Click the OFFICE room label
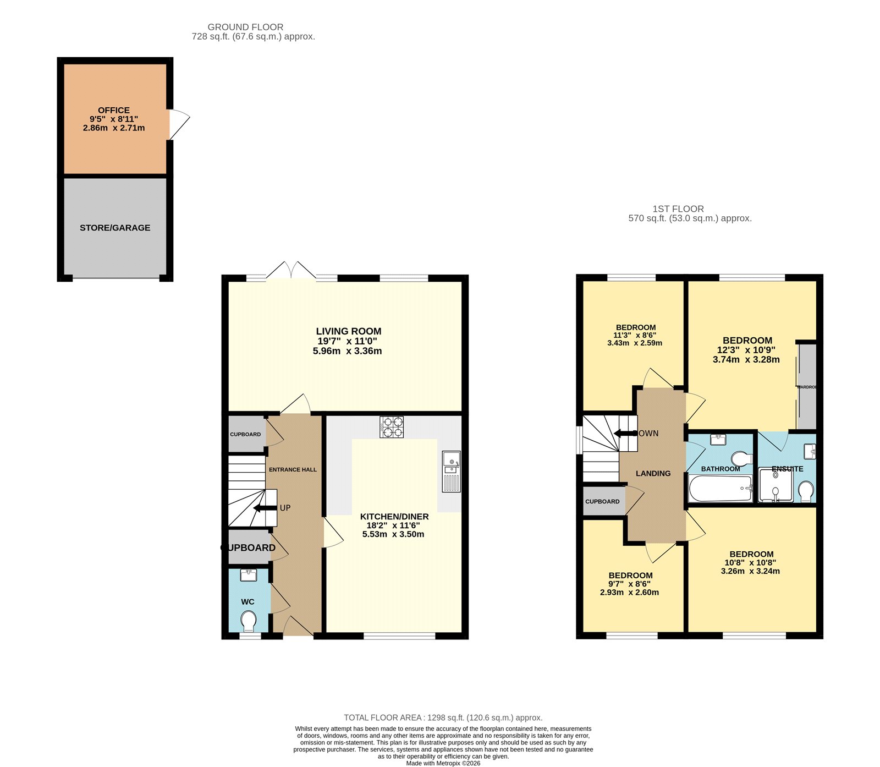tap(114, 110)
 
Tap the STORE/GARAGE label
tap(115, 228)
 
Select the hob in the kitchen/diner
tap(392, 427)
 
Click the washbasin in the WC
tap(249, 576)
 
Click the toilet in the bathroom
tap(742, 458)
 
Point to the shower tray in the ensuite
tap(776, 485)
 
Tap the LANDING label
tap(653, 473)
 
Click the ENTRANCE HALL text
tap(293, 470)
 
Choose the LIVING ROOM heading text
tap(348, 331)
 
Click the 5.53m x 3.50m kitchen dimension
tap(393, 534)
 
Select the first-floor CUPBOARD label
tap(602, 502)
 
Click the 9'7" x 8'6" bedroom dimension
tap(629, 584)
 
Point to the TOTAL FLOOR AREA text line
tap(443, 717)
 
